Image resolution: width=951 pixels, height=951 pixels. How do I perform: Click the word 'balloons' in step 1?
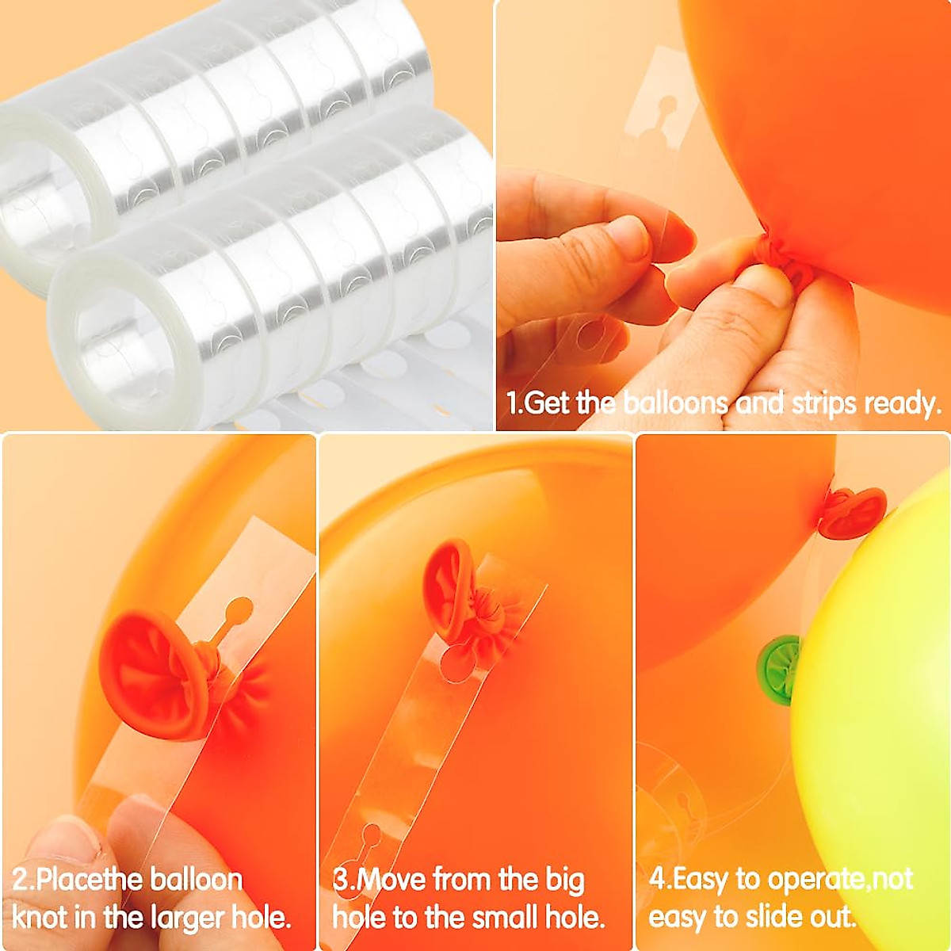(x=674, y=403)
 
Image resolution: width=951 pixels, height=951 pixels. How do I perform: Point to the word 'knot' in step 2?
(x=39, y=918)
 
